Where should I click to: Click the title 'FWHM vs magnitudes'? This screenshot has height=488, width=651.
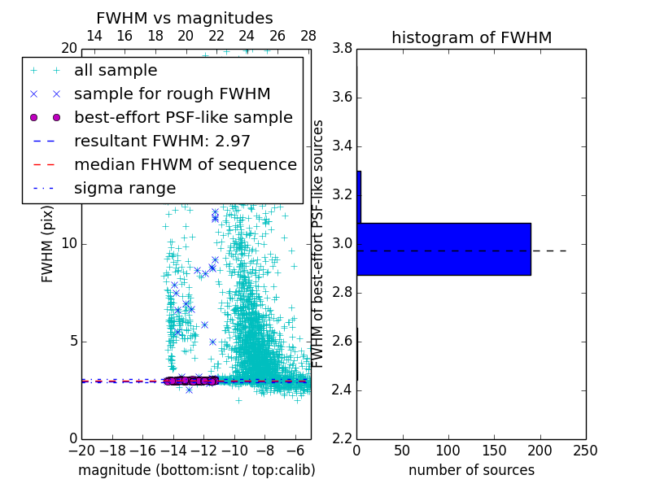[184, 18]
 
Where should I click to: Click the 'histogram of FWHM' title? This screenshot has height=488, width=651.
[471, 37]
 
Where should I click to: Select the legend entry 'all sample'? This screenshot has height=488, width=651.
[116, 71]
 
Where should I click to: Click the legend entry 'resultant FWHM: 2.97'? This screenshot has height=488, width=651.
[162, 141]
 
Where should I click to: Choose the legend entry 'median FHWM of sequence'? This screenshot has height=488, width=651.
[185, 164]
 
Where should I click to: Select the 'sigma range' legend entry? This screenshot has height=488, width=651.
[125, 188]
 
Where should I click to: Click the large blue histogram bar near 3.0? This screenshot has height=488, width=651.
[443, 249]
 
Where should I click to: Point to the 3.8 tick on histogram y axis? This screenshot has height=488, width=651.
[342, 49]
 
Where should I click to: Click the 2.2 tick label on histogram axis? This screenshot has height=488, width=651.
[342, 438]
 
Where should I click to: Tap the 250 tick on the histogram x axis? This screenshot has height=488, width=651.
[586, 451]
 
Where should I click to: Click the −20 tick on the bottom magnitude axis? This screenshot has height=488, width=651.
[81, 451]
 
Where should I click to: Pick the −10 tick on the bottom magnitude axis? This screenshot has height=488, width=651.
[234, 451]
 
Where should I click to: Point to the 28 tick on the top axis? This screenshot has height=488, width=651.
[308, 36]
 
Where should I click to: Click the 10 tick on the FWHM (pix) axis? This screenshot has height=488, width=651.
[68, 244]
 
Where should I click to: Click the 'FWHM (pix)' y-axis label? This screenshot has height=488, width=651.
[48, 250]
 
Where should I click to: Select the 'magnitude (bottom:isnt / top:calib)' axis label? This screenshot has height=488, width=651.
[196, 470]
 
